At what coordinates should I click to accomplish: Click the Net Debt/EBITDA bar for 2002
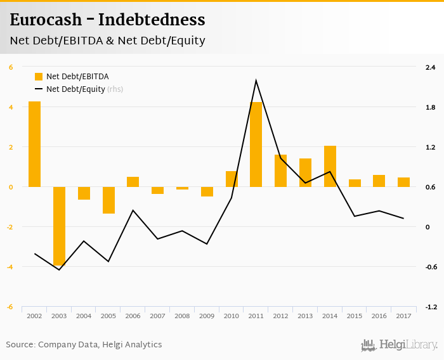point(34,144)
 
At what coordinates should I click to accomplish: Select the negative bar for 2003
point(59,226)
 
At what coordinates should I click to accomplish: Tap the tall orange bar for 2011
point(256,145)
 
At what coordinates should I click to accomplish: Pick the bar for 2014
point(330,166)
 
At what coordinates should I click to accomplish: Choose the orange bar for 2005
point(108,200)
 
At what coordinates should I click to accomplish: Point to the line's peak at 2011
point(256,80)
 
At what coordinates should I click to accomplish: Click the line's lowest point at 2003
point(59,270)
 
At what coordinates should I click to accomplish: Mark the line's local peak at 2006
point(133,210)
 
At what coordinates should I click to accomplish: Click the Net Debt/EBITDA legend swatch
point(39,77)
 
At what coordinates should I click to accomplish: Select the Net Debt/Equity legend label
point(75,89)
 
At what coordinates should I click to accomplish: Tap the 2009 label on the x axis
point(207,316)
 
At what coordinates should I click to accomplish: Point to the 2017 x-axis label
point(403,316)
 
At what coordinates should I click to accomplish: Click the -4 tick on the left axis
point(10,267)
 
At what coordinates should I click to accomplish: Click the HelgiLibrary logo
point(400,345)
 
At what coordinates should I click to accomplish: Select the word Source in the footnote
point(20,345)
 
